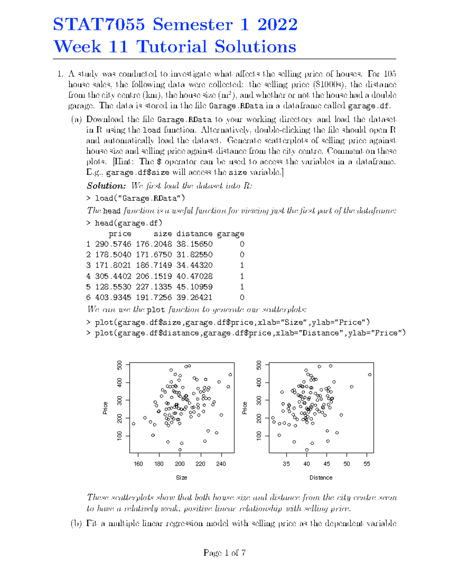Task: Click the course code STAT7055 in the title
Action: [99, 25]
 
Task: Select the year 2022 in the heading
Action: [277, 25]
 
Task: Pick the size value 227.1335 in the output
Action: [154, 287]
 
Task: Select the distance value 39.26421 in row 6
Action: [195, 297]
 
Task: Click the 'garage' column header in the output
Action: [230, 234]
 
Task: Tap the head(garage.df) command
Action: [128, 223]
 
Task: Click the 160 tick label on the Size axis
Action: [138, 464]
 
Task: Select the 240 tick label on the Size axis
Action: [221, 464]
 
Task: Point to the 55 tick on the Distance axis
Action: [367, 464]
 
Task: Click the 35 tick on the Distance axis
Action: [286, 464]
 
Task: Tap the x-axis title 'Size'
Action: [181, 478]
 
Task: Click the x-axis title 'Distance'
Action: [321, 478]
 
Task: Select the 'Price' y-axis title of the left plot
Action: [106, 408]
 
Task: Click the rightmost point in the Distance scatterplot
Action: [370, 374]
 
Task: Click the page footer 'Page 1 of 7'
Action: [224, 553]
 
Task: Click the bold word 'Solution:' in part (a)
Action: [106, 186]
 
